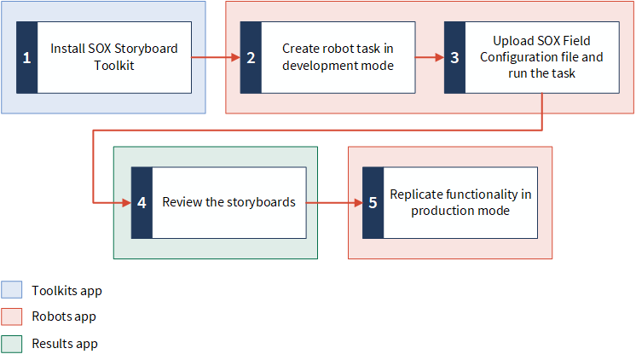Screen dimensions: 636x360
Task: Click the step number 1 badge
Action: tap(26, 58)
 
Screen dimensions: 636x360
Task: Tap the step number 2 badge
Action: tap(251, 58)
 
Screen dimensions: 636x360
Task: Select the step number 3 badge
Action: tap(454, 58)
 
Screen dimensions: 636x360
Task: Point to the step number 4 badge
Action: tap(142, 202)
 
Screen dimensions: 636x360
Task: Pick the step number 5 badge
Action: tap(373, 202)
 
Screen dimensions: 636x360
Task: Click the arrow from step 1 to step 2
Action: tap(216, 57)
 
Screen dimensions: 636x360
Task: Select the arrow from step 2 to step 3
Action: tap(430, 57)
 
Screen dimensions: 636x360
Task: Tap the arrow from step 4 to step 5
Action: tap(334, 202)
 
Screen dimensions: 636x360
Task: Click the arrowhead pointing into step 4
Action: tap(126, 202)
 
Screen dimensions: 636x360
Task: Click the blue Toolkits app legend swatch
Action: tap(11, 290)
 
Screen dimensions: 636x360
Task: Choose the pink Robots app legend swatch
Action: tap(11, 316)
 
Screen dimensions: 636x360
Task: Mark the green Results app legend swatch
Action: tap(11, 344)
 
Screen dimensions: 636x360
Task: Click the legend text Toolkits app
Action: tap(67, 291)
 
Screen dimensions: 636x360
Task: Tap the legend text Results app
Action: tap(65, 344)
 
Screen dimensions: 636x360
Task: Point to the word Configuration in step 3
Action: tap(512, 57)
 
